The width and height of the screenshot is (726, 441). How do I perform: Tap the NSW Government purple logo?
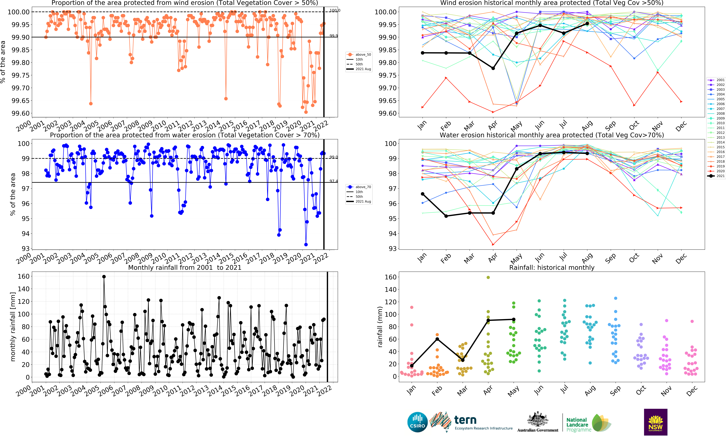coord(656,422)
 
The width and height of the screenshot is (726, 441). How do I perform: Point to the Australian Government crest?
coord(538,420)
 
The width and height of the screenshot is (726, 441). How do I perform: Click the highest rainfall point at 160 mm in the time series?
coord(104,277)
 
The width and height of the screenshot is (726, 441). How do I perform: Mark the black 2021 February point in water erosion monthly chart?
coord(446,216)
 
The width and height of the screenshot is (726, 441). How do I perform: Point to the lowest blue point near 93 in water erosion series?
coord(306,244)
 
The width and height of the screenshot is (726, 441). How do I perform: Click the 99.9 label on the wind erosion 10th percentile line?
coord(334,36)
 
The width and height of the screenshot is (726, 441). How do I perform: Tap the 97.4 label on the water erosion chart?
coord(334,181)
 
